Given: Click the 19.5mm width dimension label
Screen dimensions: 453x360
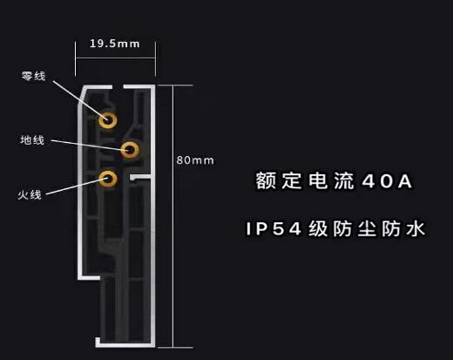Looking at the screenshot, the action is pyautogui.click(x=115, y=44).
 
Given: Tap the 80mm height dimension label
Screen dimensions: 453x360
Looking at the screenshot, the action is pyautogui.click(x=195, y=160).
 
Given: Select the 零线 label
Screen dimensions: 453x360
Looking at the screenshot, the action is pyautogui.click(x=34, y=76).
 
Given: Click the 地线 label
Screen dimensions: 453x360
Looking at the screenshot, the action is pyautogui.click(x=32, y=140).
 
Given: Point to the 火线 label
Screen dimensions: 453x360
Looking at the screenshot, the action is pyautogui.click(x=30, y=194).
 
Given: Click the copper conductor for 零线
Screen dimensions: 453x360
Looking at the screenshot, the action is pyautogui.click(x=108, y=120).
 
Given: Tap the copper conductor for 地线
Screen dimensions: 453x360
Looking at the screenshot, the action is pyautogui.click(x=130, y=150).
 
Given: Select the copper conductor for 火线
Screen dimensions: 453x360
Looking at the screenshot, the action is pyautogui.click(x=108, y=179).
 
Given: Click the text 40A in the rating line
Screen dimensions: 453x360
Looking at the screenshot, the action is pyautogui.click(x=387, y=181).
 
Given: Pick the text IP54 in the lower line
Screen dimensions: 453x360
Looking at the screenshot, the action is pyautogui.click(x=274, y=228).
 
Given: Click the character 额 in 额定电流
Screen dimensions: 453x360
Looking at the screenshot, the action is pyautogui.click(x=265, y=180).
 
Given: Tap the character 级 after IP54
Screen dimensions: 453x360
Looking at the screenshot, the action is pyautogui.click(x=318, y=228).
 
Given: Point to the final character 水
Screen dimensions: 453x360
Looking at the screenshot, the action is pyautogui.click(x=416, y=228).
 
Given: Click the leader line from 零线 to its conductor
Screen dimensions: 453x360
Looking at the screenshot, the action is pyautogui.click(x=80, y=99).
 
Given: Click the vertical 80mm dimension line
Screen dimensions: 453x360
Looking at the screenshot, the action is pyautogui.click(x=173, y=216).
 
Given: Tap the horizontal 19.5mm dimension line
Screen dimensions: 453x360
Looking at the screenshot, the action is pyautogui.click(x=115, y=58).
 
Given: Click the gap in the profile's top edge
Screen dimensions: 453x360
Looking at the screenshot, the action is pyautogui.click(x=118, y=86).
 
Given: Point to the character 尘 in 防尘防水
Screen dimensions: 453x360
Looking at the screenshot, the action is pyautogui.click(x=367, y=228).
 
